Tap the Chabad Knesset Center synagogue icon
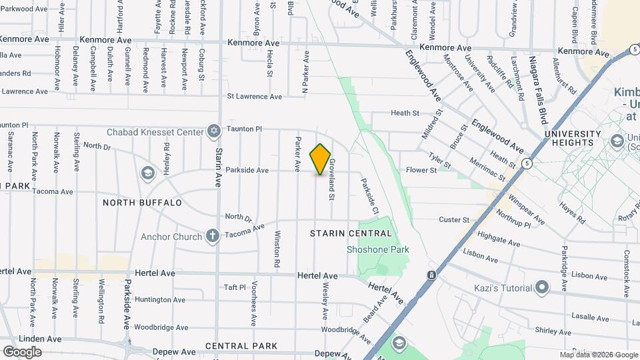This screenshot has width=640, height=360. (x=213, y=130)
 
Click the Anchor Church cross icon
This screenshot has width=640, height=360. (x=213, y=235)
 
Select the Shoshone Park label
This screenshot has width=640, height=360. (x=377, y=249)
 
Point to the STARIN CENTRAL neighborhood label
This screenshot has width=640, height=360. (x=351, y=233)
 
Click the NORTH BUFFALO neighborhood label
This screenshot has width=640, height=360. (x=142, y=202)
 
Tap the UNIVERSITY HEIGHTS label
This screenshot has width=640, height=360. (x=569, y=138)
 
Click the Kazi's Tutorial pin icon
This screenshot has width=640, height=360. (x=543, y=288)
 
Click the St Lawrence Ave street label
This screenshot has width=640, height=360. (x=255, y=96)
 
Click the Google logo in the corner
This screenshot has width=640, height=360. (x=21, y=351)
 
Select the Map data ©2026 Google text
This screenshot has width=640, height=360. (x=598, y=355)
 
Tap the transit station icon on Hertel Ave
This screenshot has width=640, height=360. (x=432, y=275)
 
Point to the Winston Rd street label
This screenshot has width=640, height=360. (x=277, y=250)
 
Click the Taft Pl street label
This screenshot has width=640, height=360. (x=235, y=287)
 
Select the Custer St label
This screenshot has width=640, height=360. (x=455, y=219)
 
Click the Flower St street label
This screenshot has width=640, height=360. (x=421, y=170)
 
